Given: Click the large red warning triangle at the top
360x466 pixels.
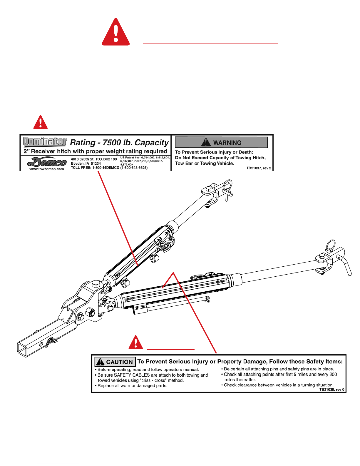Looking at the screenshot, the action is pos(116,32).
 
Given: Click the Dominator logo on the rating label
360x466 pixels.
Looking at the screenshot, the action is pos(45,141).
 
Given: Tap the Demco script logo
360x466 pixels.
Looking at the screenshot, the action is pos(47,162).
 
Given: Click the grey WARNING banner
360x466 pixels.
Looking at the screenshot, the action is pos(221,142).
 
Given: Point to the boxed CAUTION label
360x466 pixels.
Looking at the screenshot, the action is pos(115,362).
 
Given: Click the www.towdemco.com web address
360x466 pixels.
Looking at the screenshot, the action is pos(46,169).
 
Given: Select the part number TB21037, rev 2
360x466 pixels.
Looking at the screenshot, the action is pos(259,168).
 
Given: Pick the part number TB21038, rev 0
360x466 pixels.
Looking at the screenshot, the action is pos(332,390).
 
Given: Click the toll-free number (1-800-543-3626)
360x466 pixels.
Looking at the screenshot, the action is pos(134,168).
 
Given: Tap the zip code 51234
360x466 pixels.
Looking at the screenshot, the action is pos(96,163).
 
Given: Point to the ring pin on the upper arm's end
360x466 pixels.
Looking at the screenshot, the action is pos(227,185).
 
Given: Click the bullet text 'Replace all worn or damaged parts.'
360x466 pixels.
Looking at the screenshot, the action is pos(132,385).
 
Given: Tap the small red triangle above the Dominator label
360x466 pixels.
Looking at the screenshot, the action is pos(41,122).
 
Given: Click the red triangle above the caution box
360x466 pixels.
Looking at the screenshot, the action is pos(136,342).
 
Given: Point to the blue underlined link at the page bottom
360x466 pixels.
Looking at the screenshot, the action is pos(58,463).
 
